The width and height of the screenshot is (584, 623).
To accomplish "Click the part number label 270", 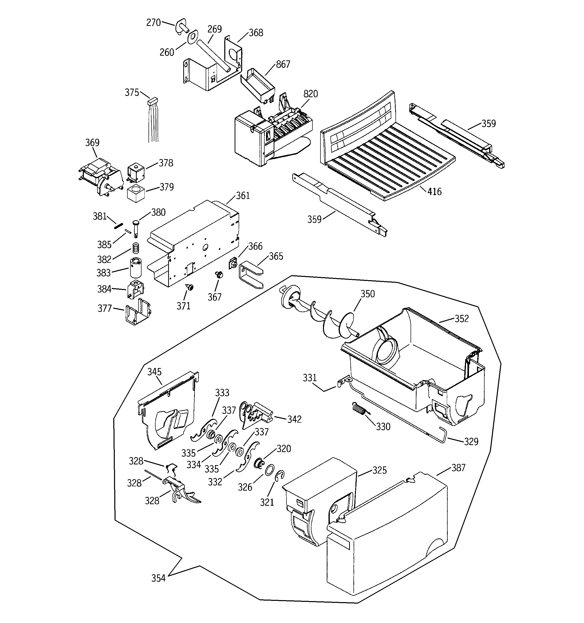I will (153, 23).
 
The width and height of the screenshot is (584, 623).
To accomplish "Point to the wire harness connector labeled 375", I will (153, 101).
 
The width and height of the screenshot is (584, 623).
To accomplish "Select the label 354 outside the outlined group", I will (158, 578).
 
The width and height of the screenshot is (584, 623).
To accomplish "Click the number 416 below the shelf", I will (434, 192).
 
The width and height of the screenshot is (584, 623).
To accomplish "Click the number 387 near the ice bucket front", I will (458, 468).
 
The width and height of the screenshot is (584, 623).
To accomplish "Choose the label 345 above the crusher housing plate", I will (154, 372).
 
